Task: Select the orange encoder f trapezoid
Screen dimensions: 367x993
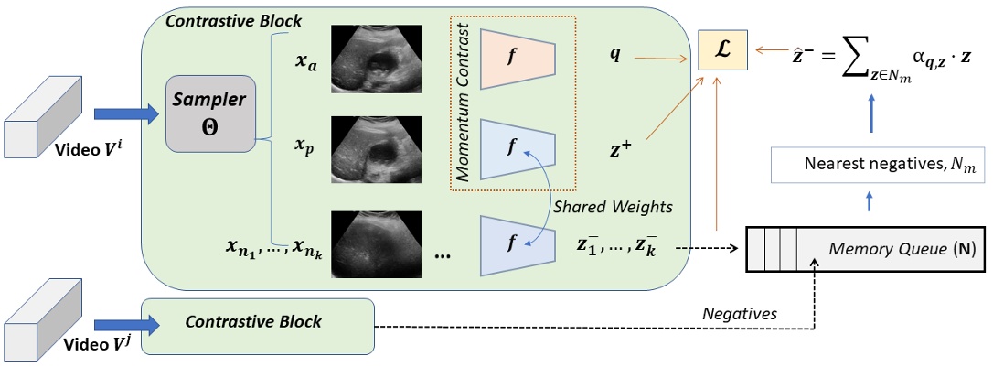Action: (x=517, y=57)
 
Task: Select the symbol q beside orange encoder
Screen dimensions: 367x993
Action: (x=614, y=54)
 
